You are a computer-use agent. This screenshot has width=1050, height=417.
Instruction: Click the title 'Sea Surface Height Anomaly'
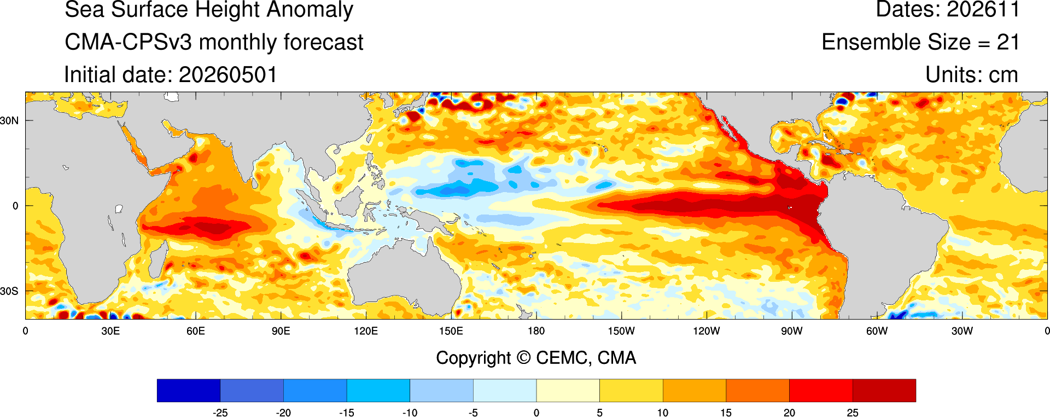pyautogui.click(x=209, y=10)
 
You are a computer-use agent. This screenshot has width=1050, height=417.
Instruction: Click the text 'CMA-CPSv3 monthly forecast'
pyautogui.click(x=214, y=42)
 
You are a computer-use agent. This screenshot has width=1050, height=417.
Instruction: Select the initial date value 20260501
pyautogui.click(x=228, y=75)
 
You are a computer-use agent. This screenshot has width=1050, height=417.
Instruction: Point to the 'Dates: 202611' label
pyautogui.click(x=948, y=9)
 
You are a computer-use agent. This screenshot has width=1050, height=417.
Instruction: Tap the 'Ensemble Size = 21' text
pyautogui.click(x=920, y=42)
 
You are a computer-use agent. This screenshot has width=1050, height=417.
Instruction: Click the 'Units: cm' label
pyautogui.click(x=972, y=75)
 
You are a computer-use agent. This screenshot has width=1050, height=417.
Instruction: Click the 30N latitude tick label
pyautogui.click(x=9, y=120)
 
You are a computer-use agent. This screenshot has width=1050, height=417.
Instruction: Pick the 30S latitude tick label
pyautogui.click(x=9, y=291)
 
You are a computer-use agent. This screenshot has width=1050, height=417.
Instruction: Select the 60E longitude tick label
pyautogui.click(x=196, y=331)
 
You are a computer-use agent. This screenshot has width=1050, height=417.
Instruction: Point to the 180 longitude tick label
pyautogui.click(x=536, y=331)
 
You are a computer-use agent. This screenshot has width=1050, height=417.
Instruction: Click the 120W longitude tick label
pyautogui.click(x=707, y=331)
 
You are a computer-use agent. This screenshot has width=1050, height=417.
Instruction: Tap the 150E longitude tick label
pyautogui.click(x=451, y=331)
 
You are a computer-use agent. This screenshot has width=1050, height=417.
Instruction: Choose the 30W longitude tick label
pyautogui.click(x=962, y=331)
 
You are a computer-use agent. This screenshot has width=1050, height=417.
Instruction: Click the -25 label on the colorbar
pyautogui.click(x=220, y=413)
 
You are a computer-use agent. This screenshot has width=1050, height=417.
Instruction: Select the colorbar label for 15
pyautogui.click(x=726, y=413)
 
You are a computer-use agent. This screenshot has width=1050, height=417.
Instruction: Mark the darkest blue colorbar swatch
pyautogui.click(x=189, y=391)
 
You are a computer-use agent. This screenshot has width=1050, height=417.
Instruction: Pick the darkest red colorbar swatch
pyautogui.click(x=884, y=391)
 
